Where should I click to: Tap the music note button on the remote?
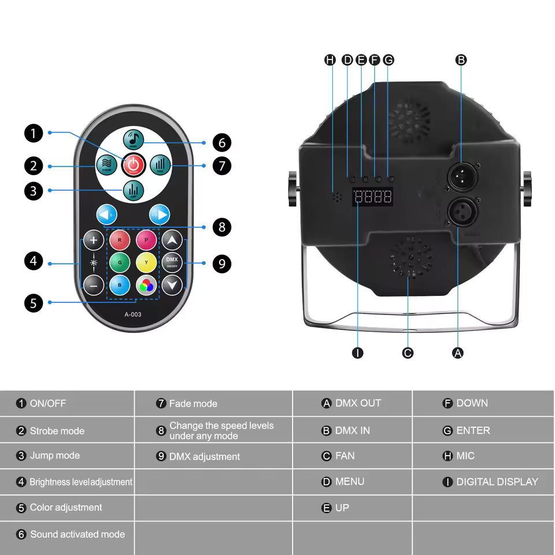point(134,139)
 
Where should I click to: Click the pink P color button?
point(146,240)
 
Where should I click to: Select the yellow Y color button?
point(146,262)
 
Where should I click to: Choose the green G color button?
point(119,262)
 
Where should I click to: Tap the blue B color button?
point(119,284)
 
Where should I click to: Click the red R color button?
point(119,240)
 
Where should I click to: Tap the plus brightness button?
point(94,239)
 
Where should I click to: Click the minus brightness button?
point(94,284)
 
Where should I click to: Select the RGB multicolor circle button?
point(146,284)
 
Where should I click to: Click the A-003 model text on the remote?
point(133,314)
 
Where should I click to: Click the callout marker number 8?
point(221,227)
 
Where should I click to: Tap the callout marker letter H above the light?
point(330,60)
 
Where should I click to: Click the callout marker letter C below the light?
point(408,352)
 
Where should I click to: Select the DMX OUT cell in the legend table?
point(352,403)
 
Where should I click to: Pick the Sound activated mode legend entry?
point(77,534)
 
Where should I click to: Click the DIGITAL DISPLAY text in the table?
point(497,482)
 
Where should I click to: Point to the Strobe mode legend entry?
point(57,431)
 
